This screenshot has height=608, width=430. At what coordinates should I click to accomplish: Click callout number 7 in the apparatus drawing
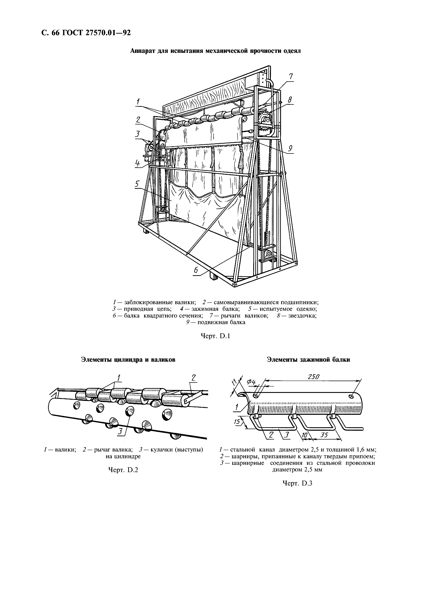[x=291, y=77]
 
